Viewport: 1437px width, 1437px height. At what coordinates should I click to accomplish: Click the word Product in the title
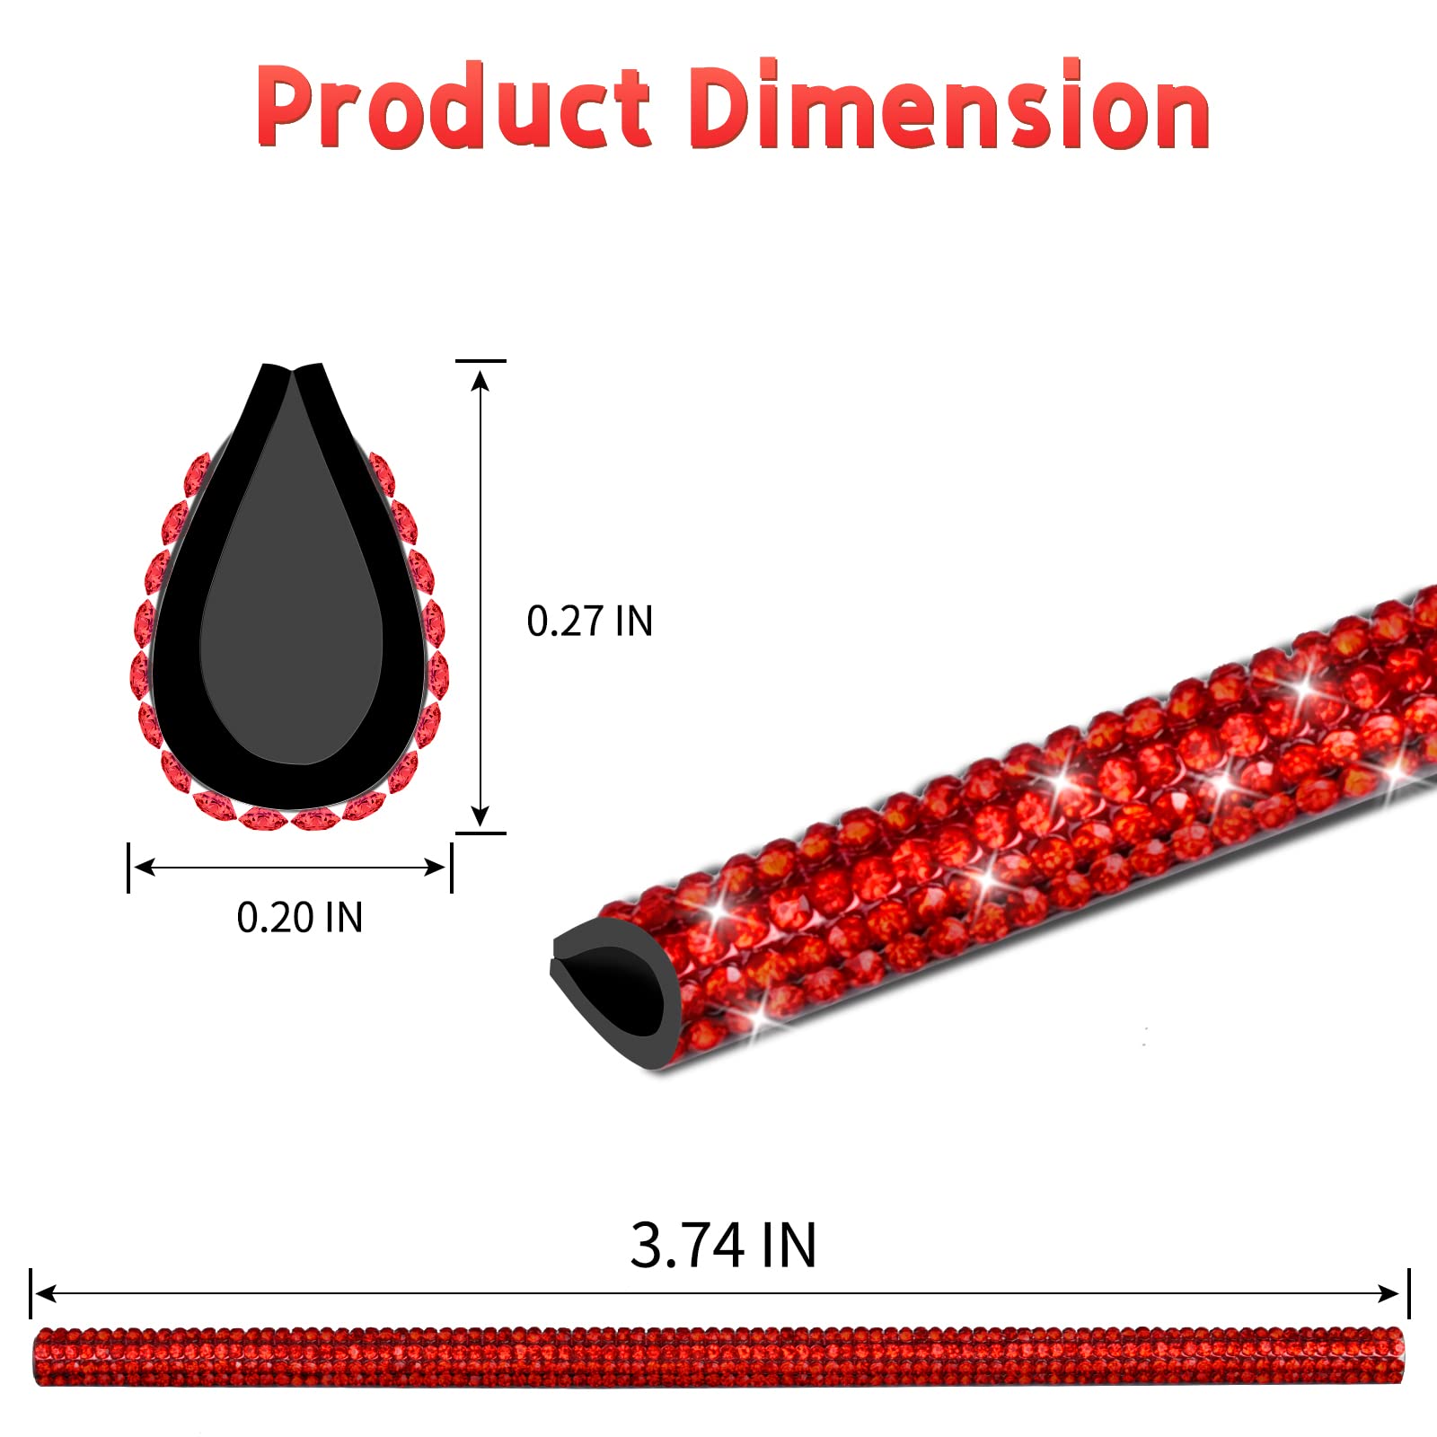(453, 106)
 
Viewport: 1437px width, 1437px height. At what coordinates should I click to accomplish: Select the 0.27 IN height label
(589, 622)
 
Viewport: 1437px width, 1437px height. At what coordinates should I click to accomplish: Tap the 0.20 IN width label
(299, 917)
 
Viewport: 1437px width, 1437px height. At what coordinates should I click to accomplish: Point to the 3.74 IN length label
(723, 1245)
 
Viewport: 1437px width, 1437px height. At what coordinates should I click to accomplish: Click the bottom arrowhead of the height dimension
(480, 816)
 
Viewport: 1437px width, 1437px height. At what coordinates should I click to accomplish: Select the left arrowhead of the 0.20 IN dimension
(143, 867)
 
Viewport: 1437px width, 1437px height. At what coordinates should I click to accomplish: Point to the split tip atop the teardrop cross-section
(293, 369)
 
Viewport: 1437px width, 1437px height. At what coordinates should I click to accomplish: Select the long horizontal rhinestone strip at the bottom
(718, 1356)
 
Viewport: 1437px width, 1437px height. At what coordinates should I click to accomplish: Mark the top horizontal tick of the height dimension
(480, 361)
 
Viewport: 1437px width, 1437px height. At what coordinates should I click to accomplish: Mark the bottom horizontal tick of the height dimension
(480, 833)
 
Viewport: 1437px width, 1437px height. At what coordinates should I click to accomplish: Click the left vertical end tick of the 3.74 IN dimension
(31, 1293)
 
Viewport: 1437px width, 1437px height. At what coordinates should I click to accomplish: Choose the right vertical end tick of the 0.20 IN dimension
(451, 867)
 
